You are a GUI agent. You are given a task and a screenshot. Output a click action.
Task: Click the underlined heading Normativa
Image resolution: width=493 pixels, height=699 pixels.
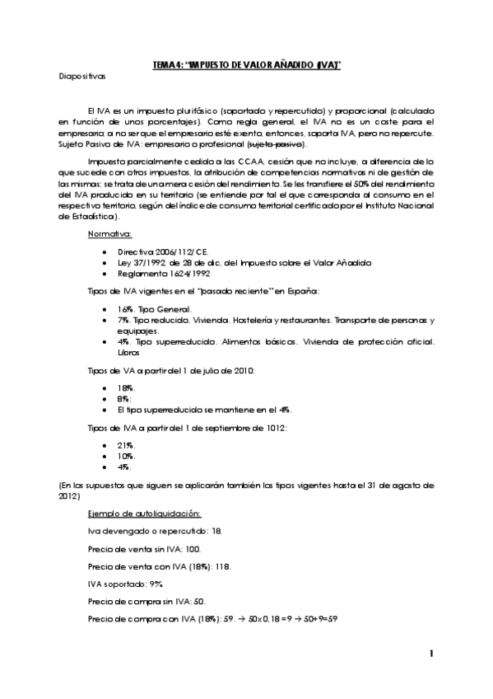tap(109, 233)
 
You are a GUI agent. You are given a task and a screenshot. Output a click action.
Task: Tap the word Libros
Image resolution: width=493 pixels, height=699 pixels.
tap(129, 352)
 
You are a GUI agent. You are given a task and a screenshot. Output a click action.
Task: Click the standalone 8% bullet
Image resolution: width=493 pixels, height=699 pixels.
tap(126, 397)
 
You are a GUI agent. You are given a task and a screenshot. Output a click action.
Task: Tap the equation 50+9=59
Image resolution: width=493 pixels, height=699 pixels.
tap(319, 618)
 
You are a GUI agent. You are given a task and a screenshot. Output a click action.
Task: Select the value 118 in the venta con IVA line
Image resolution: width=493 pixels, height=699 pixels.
tap(218, 565)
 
